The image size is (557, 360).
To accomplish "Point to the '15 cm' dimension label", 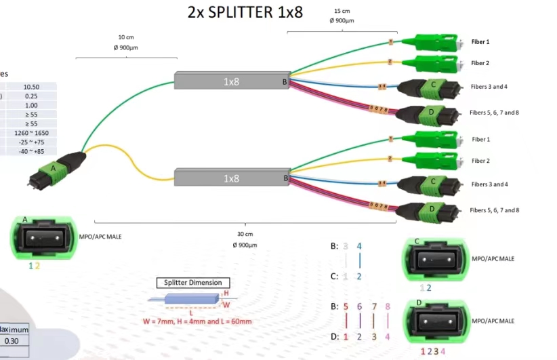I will coord(342,12).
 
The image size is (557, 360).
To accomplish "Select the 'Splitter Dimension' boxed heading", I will coord(193,282).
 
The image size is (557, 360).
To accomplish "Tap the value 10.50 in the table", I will coord(31,87).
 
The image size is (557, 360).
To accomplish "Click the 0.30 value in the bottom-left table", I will coord(13,341).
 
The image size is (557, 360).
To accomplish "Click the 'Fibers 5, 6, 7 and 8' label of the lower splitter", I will coord(495,210).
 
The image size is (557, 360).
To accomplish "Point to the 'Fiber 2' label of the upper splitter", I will coord(480,63).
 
